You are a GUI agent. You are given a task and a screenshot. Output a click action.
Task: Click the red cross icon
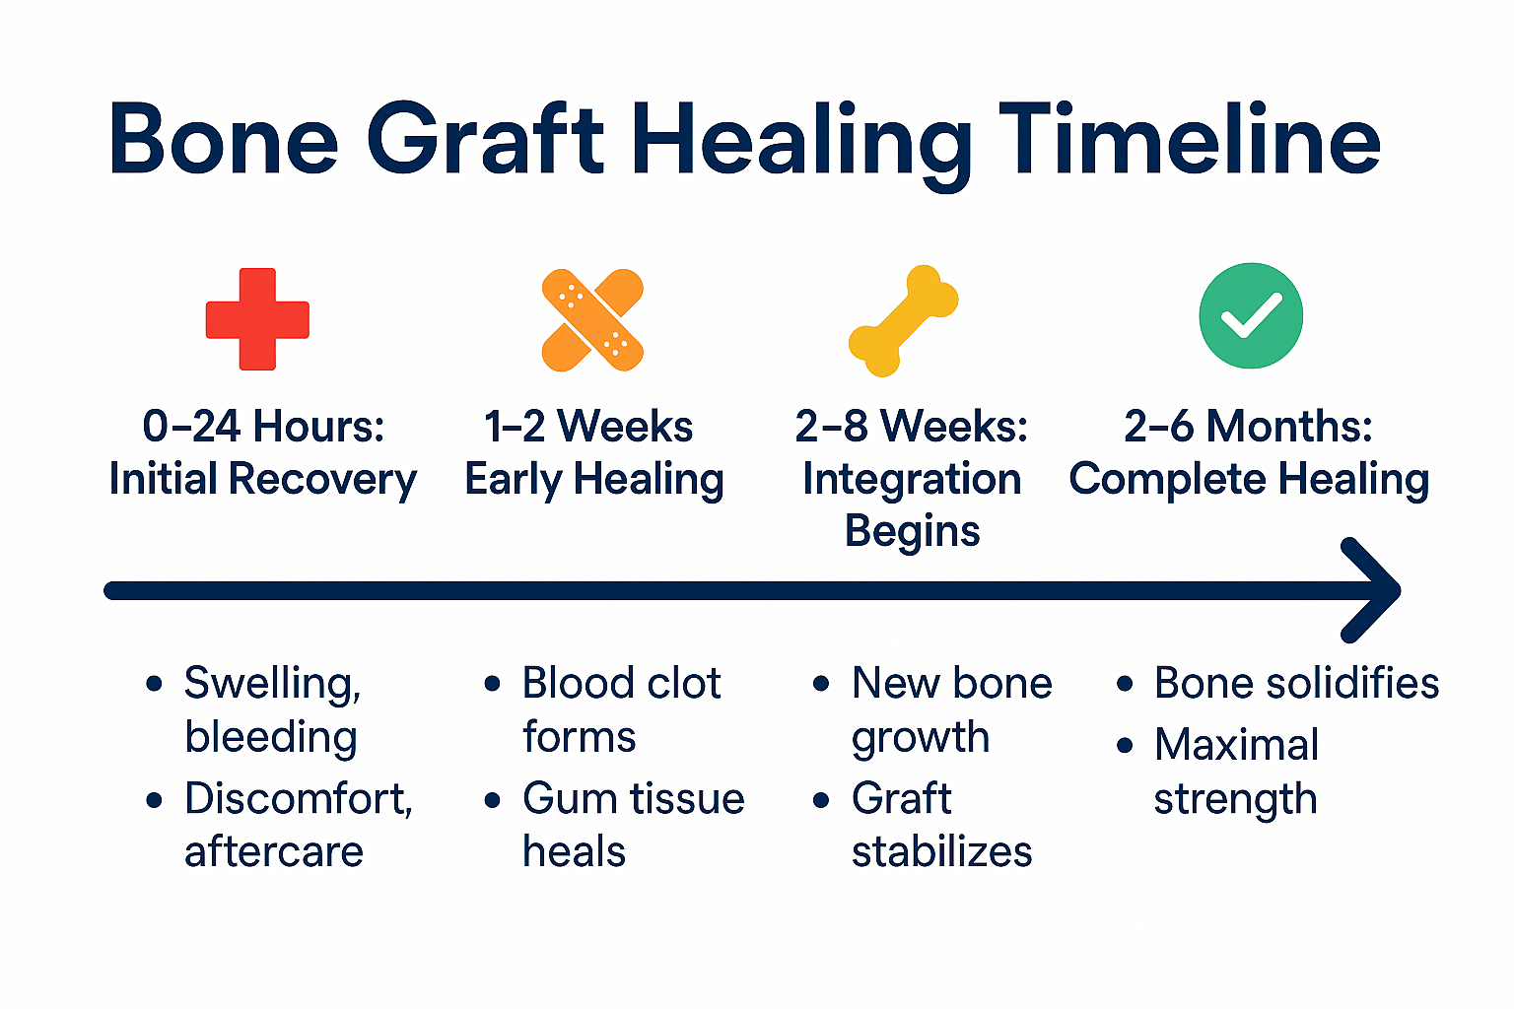click(257, 319)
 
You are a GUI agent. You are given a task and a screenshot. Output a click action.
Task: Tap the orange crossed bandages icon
click(592, 320)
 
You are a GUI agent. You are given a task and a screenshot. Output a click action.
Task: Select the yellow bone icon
click(903, 320)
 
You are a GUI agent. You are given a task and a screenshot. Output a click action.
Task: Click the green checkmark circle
click(1251, 315)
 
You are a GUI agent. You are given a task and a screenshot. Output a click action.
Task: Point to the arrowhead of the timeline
click(1376, 590)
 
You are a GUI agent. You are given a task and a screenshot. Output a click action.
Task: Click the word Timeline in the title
click(1189, 140)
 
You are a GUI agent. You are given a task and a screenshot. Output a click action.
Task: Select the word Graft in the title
click(485, 140)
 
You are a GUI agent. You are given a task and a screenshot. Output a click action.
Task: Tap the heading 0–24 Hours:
click(263, 427)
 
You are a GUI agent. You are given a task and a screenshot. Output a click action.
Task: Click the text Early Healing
click(594, 480)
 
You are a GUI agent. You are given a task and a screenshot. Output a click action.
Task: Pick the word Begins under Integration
click(912, 531)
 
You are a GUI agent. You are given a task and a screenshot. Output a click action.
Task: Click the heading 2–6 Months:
click(1248, 427)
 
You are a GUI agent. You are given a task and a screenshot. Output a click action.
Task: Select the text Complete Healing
click(1249, 480)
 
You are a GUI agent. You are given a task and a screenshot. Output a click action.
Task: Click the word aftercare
click(274, 851)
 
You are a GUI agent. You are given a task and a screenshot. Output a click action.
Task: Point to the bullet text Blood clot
click(621, 683)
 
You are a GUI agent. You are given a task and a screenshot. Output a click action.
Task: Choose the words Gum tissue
click(633, 798)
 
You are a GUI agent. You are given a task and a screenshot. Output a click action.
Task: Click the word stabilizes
click(941, 851)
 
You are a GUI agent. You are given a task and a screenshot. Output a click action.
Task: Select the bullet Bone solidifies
click(1296, 683)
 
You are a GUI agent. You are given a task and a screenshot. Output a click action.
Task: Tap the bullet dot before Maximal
click(1126, 746)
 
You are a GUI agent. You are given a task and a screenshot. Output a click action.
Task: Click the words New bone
click(951, 683)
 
